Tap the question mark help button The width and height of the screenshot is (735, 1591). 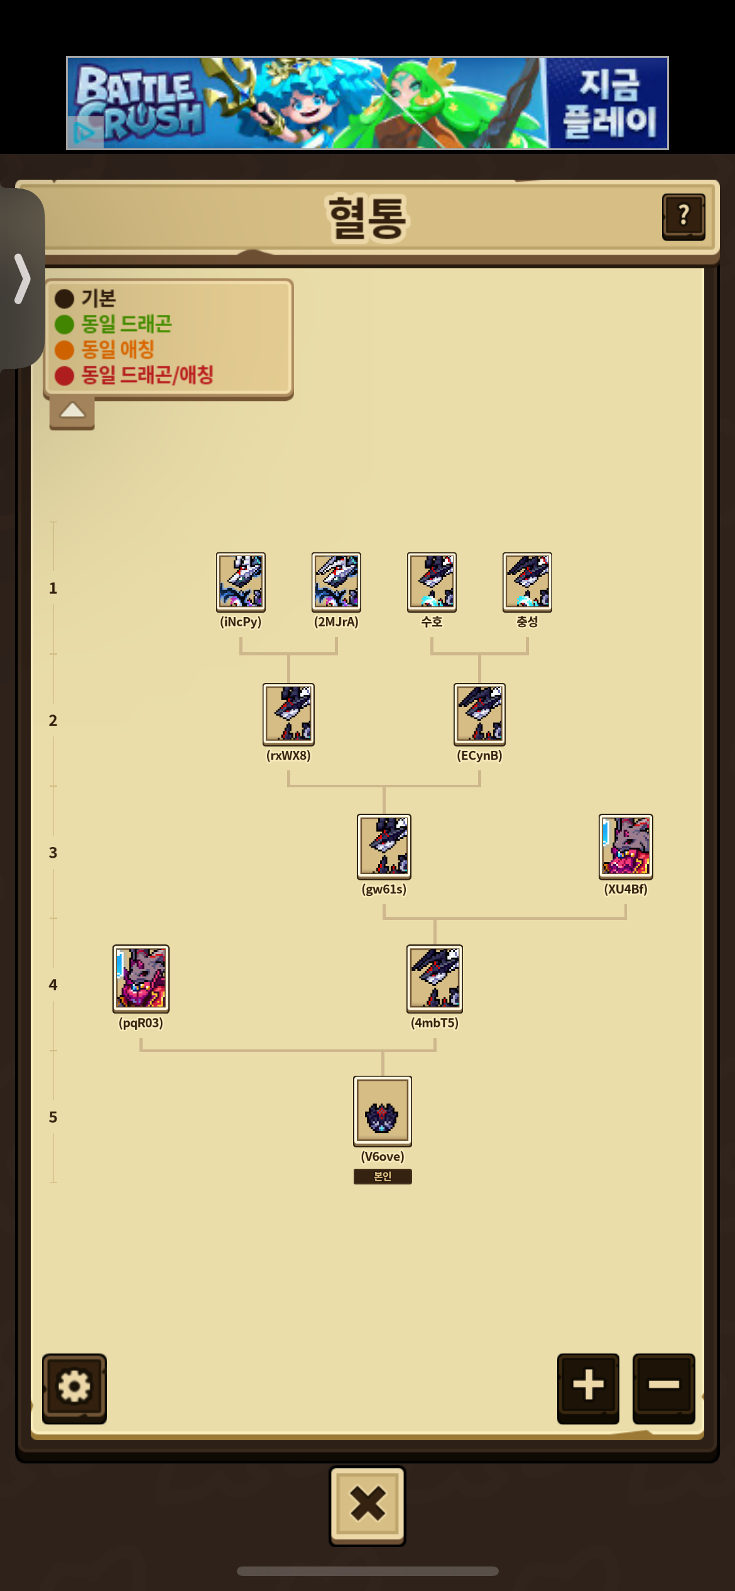683,217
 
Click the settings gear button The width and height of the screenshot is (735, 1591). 74,1388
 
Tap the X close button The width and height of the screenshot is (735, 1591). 367,1506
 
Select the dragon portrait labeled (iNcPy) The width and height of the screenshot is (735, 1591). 241,582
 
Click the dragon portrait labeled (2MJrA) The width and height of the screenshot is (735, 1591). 336,582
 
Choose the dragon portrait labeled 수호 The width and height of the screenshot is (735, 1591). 432,582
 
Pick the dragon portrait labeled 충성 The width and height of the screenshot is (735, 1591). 527,582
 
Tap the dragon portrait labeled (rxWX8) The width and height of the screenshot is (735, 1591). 288,714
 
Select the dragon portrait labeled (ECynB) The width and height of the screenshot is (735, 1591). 479,714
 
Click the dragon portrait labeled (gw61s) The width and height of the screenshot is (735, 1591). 384,846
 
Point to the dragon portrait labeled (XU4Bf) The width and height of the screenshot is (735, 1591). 626,846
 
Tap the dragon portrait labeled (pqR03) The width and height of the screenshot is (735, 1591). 141,979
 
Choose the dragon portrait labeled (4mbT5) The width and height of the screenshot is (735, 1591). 435,979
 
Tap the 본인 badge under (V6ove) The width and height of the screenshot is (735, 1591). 383,1176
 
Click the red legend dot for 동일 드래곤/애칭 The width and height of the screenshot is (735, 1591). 64,376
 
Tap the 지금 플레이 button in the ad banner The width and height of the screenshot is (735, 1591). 607,103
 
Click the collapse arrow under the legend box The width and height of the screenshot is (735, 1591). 72,412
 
